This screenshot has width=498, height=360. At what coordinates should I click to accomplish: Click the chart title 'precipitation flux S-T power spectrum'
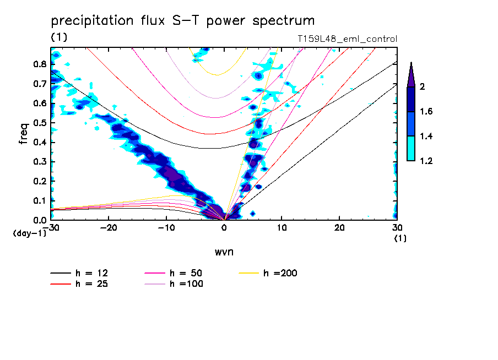coord(182,21)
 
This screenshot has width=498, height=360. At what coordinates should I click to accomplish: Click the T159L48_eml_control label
coord(347,39)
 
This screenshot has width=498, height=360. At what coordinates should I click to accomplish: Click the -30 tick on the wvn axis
coord(51,227)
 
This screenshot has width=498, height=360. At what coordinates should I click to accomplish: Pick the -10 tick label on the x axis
coord(166,227)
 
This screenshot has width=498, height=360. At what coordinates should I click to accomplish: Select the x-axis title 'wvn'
coord(224,252)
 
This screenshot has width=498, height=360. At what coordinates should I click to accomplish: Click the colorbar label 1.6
coord(426,112)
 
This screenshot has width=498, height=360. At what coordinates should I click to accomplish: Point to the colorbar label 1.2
coord(426,161)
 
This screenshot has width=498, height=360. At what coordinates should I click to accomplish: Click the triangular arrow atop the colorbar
coord(411,73)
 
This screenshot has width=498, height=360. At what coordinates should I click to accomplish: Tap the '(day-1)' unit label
coord(30,233)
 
